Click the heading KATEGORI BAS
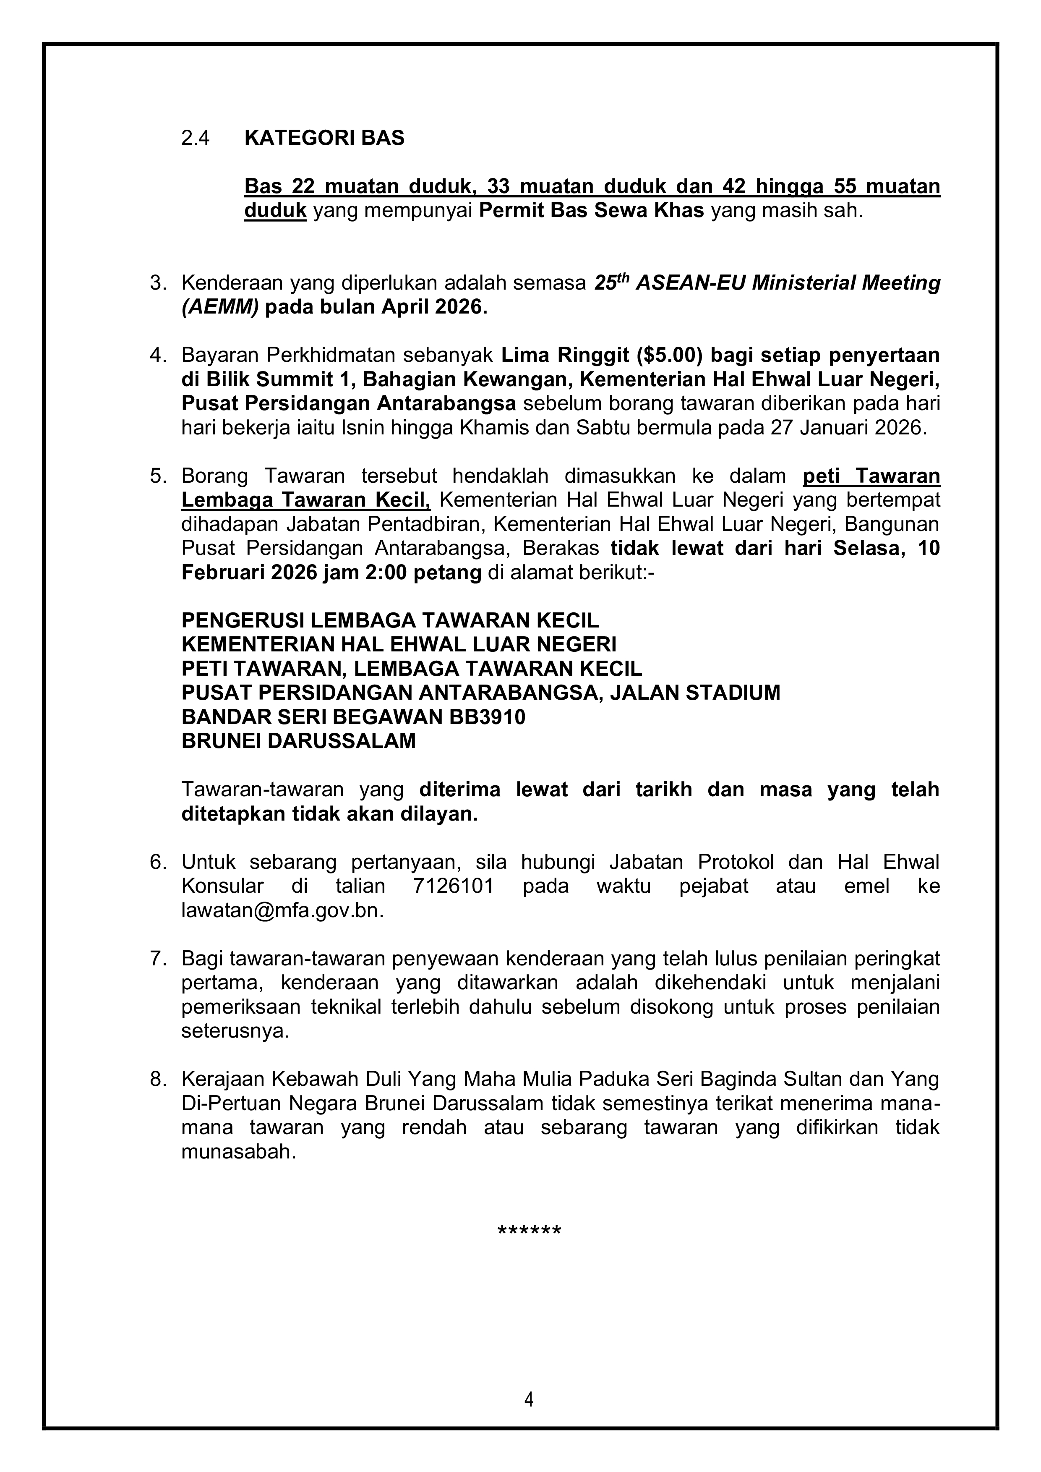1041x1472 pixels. pyautogui.click(x=324, y=139)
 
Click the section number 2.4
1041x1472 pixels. pyautogui.click(x=196, y=139)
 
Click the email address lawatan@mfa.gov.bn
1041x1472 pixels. pyautogui.click(x=282, y=910)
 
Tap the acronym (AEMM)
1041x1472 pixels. pyautogui.click(x=220, y=307)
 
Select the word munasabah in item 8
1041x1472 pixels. pyautogui.click(x=238, y=1152)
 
